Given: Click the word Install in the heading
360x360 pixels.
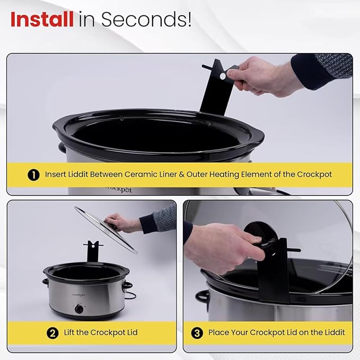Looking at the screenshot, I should point(42,20).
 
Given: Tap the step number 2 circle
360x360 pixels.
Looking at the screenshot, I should point(52,333).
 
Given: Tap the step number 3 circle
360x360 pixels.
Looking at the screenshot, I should point(198,333).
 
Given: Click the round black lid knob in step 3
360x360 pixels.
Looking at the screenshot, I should point(260,239).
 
